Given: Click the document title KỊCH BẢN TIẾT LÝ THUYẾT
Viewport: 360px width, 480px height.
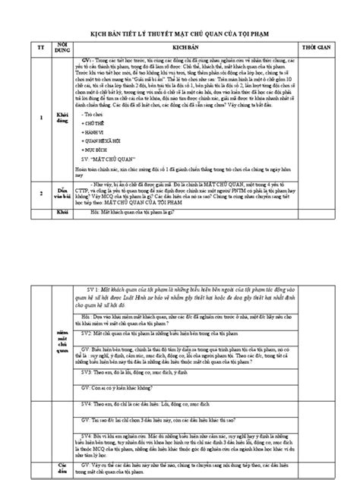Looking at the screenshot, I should point(180,33).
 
